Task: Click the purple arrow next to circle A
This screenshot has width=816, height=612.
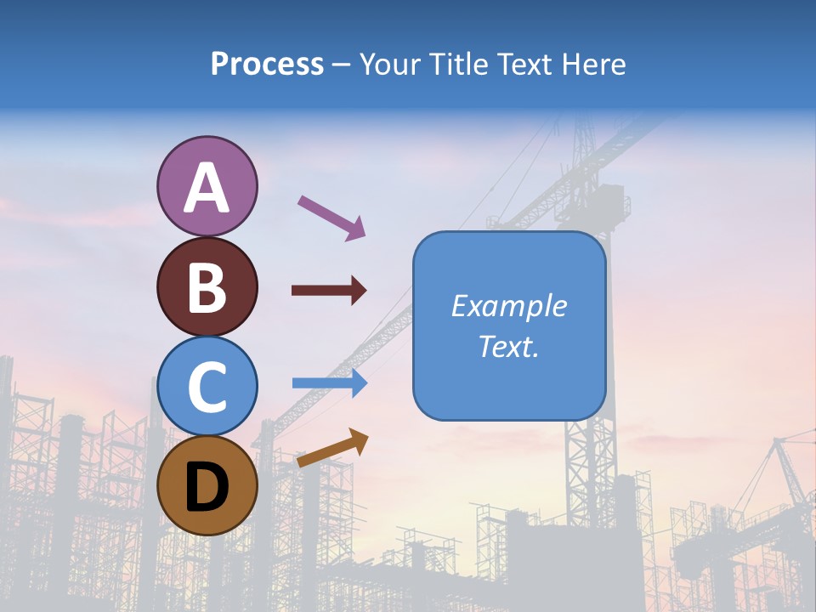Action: tap(331, 216)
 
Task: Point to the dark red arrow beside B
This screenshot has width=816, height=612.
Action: tap(329, 291)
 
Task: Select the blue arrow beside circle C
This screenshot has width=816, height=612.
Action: tap(329, 383)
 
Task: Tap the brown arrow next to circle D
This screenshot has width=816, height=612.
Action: tap(332, 448)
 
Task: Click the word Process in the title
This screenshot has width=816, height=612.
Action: tap(267, 65)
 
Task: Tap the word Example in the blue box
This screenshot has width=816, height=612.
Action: tap(509, 306)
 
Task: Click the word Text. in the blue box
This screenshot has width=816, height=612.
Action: tap(509, 346)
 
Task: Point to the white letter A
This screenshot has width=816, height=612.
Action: tap(207, 188)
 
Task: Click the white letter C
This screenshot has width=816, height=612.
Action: tap(207, 387)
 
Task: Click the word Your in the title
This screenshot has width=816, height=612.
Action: tap(392, 65)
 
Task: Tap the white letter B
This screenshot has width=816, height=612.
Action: tap(207, 287)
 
